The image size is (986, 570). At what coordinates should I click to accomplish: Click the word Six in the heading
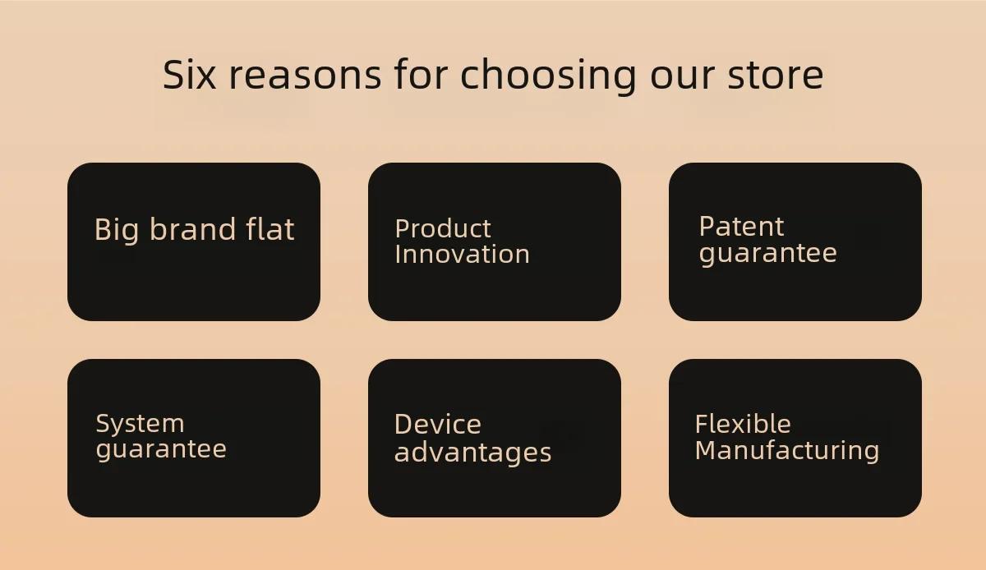click(189, 75)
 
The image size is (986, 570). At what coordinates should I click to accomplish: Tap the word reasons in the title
click(305, 76)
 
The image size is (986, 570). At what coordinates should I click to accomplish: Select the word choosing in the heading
click(549, 76)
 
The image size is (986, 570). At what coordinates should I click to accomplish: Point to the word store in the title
click(776, 76)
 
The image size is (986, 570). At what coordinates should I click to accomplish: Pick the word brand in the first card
click(193, 228)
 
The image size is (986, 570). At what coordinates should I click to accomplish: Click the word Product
click(443, 228)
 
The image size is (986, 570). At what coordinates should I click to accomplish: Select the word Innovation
click(462, 254)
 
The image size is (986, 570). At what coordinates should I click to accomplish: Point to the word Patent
click(742, 227)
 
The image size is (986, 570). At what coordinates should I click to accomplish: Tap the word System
click(140, 425)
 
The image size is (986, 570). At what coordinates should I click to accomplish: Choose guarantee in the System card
click(161, 450)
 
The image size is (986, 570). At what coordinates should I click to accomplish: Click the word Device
click(438, 425)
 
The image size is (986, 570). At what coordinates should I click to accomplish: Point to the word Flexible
click(743, 424)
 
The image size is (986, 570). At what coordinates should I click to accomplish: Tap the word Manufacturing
click(787, 451)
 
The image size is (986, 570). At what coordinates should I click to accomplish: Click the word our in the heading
click(682, 76)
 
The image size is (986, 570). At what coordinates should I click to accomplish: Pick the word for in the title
click(421, 75)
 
